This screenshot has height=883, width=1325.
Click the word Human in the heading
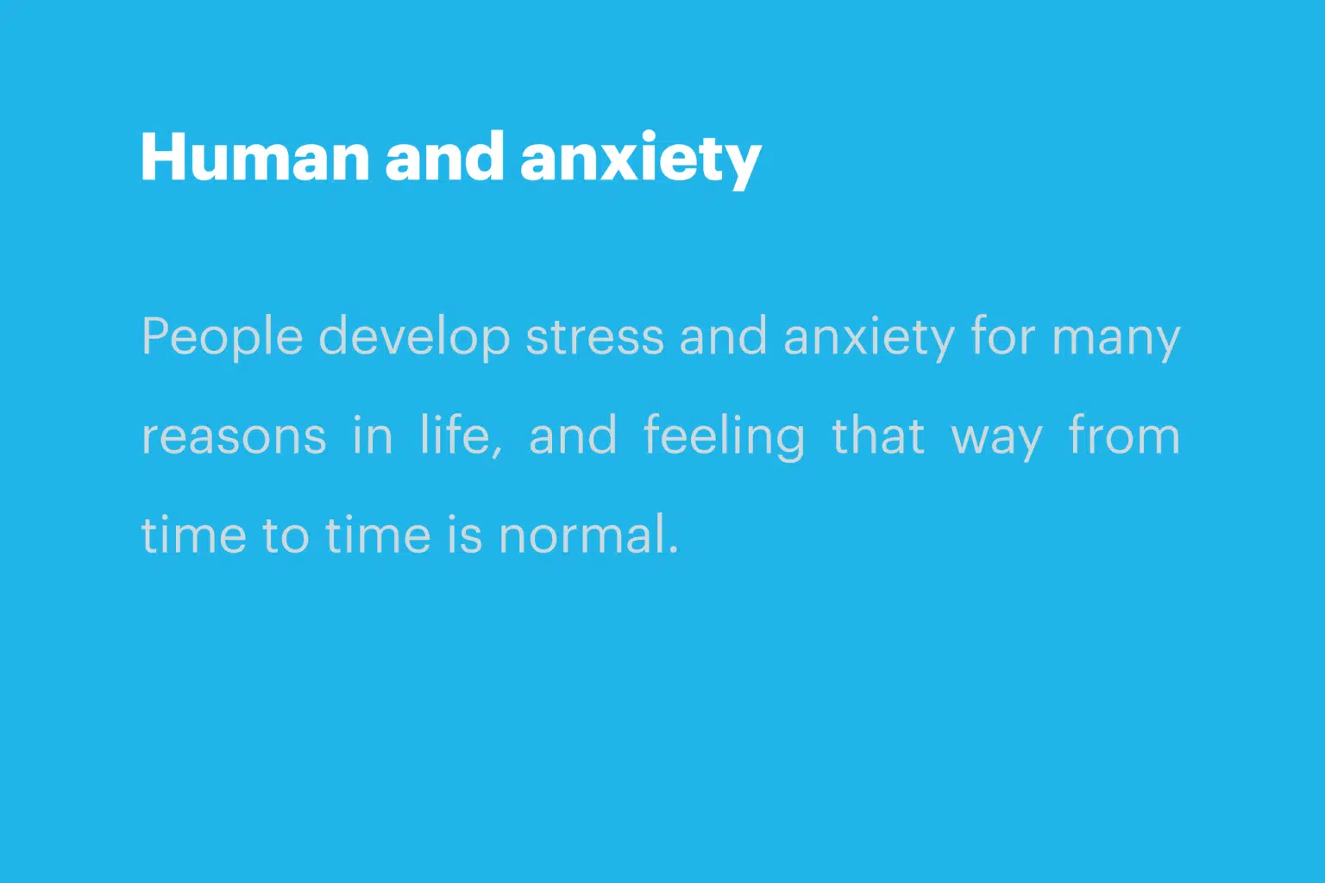(x=255, y=157)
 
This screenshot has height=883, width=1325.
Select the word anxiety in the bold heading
(x=641, y=160)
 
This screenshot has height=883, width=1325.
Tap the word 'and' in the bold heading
(x=445, y=155)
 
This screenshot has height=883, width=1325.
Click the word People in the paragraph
(x=223, y=338)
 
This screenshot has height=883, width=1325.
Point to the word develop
(x=414, y=338)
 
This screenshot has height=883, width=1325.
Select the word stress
(x=594, y=338)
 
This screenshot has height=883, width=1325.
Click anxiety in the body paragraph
(x=869, y=338)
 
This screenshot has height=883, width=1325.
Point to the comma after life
(x=498, y=451)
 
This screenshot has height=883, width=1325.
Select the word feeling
(x=724, y=437)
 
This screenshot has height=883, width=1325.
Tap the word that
(x=878, y=435)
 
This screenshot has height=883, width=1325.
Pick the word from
(x=1125, y=435)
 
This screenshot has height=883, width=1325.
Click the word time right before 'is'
(x=378, y=534)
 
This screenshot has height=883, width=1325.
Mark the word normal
(x=582, y=534)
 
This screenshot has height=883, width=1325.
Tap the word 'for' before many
(x=1003, y=335)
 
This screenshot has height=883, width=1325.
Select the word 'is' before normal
(x=465, y=534)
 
